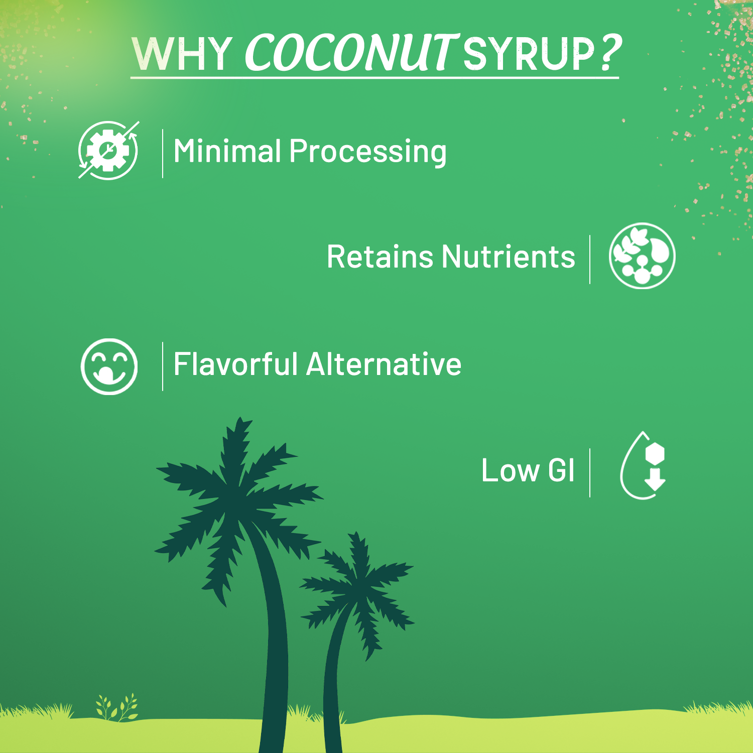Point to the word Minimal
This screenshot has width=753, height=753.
(x=227, y=151)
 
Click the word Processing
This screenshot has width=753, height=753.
(x=367, y=152)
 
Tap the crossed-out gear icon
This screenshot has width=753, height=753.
(x=108, y=150)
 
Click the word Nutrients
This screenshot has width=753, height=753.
(x=508, y=257)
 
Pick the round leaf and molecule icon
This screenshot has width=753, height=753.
(x=642, y=256)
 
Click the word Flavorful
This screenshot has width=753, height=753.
(x=235, y=364)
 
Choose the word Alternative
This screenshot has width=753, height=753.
(x=384, y=364)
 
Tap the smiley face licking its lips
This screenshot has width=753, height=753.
(x=109, y=366)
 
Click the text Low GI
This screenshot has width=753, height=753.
(x=528, y=470)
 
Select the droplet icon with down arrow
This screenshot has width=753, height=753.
(x=643, y=466)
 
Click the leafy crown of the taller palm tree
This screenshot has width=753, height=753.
(x=236, y=497)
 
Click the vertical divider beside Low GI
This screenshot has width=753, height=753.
(x=590, y=473)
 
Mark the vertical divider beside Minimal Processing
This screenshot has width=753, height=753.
(x=163, y=153)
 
